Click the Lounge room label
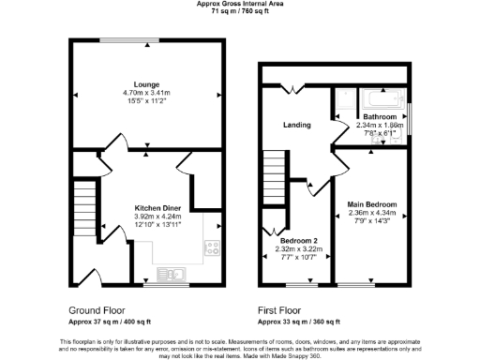(147, 83)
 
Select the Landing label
(297, 125)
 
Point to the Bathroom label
(379, 116)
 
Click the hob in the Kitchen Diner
(212, 248)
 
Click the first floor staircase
(273, 169)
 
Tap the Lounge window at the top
(127, 38)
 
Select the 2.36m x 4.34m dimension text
(372, 214)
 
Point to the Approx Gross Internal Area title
(240, 5)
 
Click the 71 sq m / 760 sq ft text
(240, 12)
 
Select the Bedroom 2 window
(302, 284)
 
